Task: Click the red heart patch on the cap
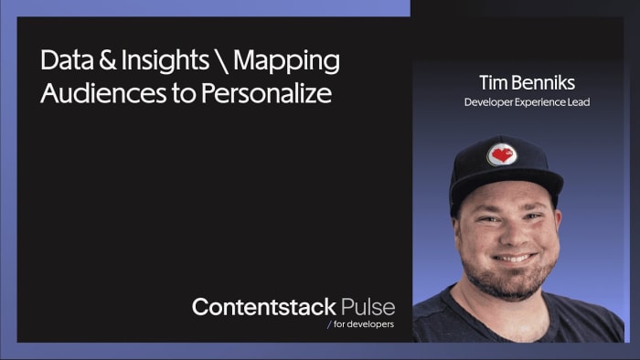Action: (501, 154)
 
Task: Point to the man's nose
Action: (512, 233)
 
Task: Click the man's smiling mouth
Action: (513, 259)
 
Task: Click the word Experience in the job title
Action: (540, 102)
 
